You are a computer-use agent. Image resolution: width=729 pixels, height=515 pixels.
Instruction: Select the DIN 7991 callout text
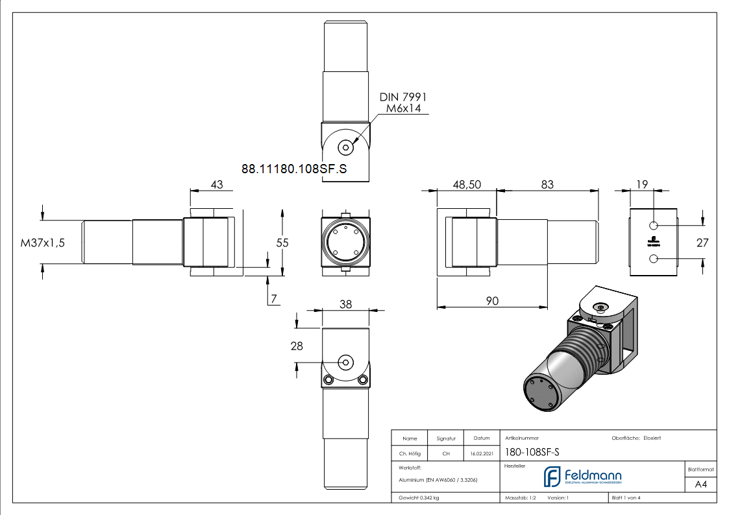(403, 97)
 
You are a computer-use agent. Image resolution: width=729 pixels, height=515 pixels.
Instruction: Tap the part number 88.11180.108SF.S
(294, 169)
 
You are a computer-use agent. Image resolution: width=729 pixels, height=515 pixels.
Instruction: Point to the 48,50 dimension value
(466, 185)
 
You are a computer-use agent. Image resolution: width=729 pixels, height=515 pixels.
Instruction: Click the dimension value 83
(547, 185)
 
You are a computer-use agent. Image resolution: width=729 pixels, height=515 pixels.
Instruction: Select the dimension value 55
(282, 243)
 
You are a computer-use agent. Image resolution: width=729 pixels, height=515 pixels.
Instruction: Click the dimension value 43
(216, 185)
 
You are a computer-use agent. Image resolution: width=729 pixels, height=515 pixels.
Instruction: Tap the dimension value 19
(641, 185)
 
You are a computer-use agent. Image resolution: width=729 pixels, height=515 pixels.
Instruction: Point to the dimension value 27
(702, 243)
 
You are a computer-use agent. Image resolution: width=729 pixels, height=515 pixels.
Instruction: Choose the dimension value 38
(345, 304)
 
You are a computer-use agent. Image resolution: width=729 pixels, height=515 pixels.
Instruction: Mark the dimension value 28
(297, 346)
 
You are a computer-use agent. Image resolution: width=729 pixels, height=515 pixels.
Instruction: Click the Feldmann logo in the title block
(582, 477)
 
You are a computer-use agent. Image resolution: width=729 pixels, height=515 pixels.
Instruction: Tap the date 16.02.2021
(480, 454)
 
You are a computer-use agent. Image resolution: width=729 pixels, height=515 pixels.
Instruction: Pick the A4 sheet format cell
(700, 485)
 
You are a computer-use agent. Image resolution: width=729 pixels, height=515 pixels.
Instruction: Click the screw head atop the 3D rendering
(601, 307)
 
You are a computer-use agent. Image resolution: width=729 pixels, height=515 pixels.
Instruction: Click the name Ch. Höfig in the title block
(409, 454)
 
